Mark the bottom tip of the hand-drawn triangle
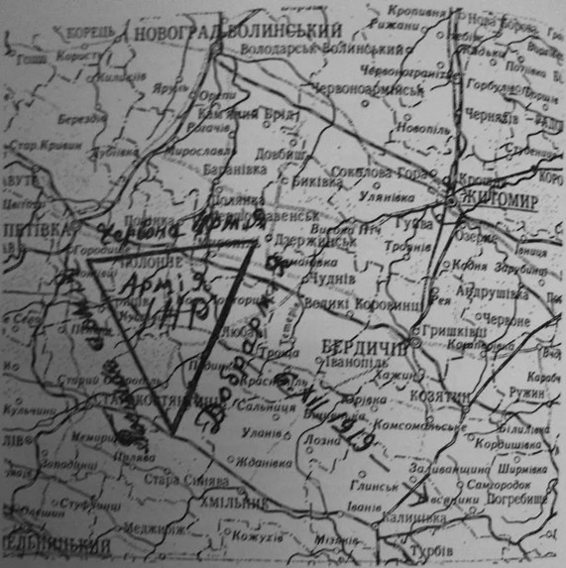coord(172,432)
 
